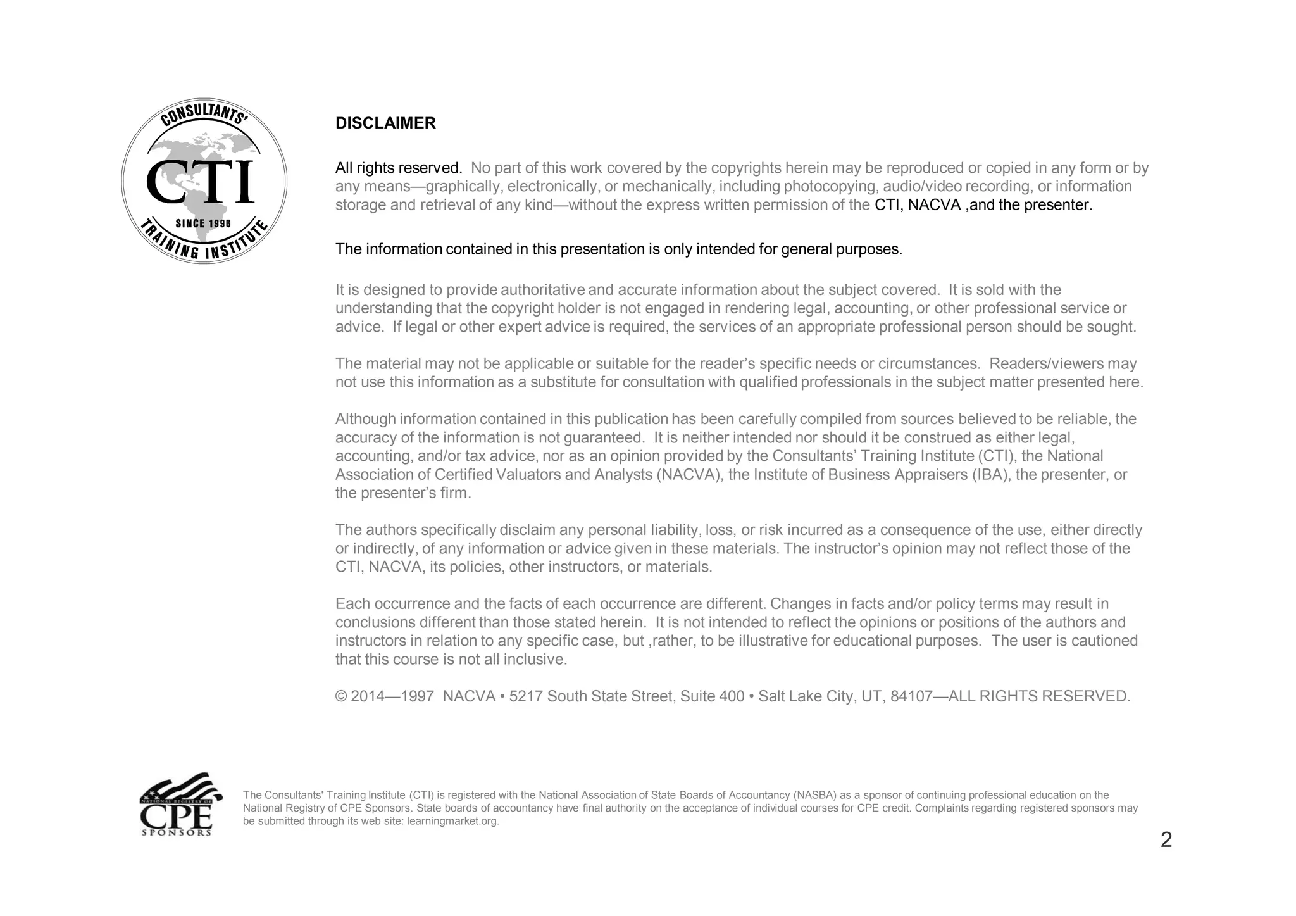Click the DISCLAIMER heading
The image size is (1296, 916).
pyautogui.click(x=385, y=123)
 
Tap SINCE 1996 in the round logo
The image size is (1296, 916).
pyautogui.click(x=203, y=223)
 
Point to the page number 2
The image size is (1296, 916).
pyautogui.click(x=1166, y=840)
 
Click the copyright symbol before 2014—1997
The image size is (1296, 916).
pyautogui.click(x=341, y=697)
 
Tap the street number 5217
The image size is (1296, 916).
pyautogui.click(x=526, y=697)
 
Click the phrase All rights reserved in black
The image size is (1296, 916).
pyautogui.click(x=398, y=168)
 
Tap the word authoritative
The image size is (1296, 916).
pyautogui.click(x=542, y=290)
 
